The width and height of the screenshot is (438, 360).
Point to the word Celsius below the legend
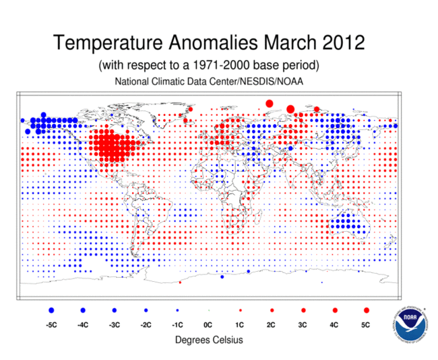(x=226, y=340)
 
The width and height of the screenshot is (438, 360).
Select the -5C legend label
(x=51, y=325)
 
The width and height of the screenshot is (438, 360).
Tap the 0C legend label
(x=209, y=325)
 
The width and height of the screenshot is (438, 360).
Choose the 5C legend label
(x=367, y=325)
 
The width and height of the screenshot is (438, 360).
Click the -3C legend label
(x=114, y=325)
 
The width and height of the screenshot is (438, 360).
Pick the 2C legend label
(x=272, y=325)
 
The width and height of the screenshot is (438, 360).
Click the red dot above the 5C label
(x=367, y=310)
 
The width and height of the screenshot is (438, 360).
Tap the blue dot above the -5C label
(x=51, y=310)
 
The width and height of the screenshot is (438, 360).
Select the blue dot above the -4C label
(x=83, y=310)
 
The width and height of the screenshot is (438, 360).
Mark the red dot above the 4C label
(x=335, y=310)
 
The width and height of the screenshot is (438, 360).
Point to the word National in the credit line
(x=132, y=82)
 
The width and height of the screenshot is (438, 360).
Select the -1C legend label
(x=177, y=325)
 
